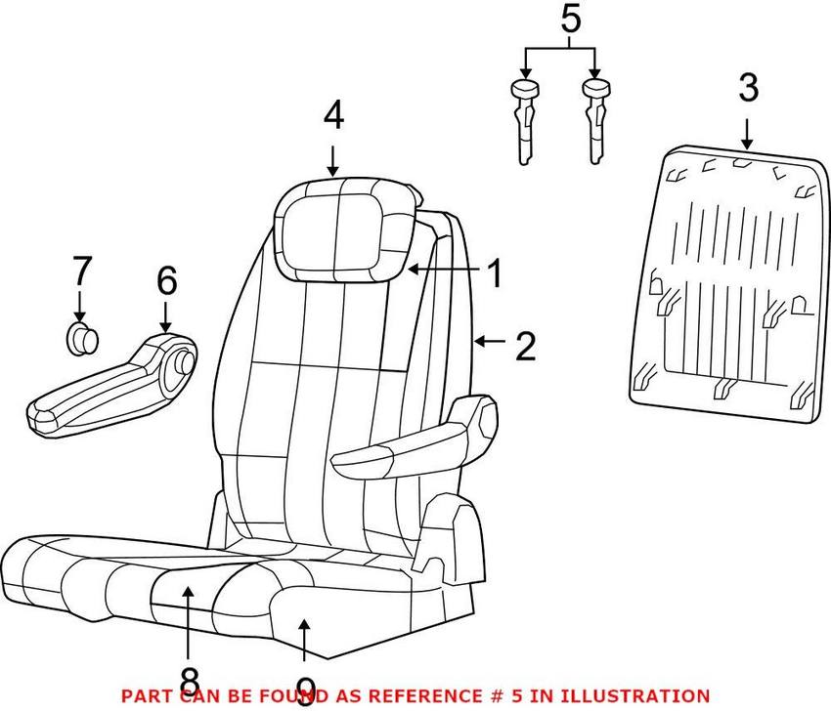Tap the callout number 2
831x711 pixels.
coord(525,346)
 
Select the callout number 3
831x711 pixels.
coord(747,89)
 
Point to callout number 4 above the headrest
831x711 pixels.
coord(333,116)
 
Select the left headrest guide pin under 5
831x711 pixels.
coord(523,122)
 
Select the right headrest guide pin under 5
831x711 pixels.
coord(595,122)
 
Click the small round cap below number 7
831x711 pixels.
coord(82,338)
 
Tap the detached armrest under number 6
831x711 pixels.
coord(108,386)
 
